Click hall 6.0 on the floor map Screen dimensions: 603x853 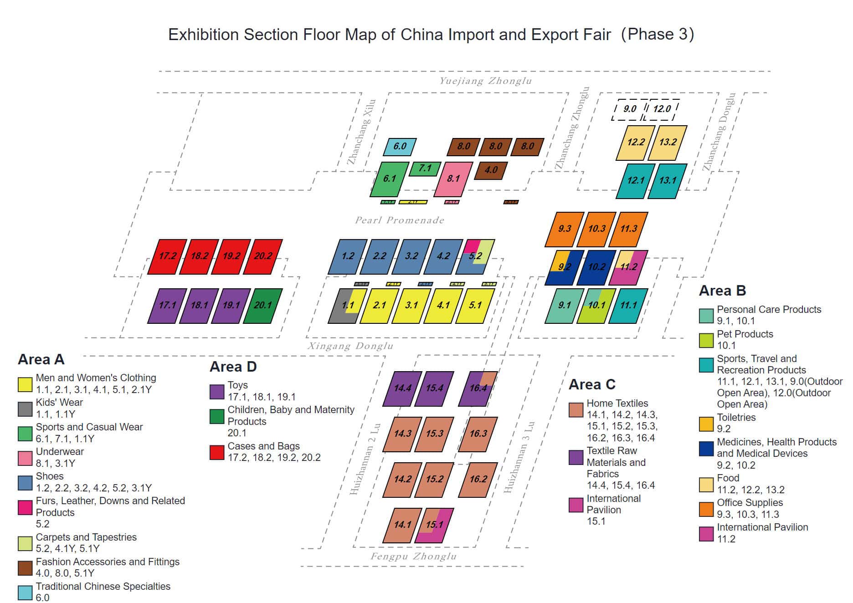(400, 147)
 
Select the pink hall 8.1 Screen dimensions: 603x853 (452, 179)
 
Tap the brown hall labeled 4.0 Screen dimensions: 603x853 (491, 170)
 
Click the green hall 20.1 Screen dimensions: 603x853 (262, 306)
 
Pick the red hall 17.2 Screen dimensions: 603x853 (167, 256)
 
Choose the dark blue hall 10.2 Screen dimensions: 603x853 (596, 267)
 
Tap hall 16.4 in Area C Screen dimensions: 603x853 (478, 388)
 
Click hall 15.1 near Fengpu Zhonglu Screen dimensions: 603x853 (434, 525)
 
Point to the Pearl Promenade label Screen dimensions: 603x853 (400, 220)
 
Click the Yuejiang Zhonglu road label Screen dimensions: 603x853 (485, 81)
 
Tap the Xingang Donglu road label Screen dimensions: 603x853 (350, 346)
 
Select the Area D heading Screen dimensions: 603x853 (233, 367)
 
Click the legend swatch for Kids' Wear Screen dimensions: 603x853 (25, 409)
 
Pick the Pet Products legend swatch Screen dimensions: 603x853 (706, 340)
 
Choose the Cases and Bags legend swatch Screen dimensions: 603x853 (217, 452)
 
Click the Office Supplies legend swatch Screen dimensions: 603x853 (706, 509)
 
